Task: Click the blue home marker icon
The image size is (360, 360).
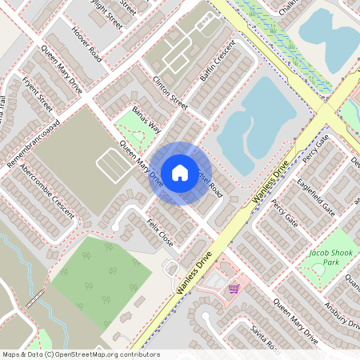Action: click(x=180, y=172)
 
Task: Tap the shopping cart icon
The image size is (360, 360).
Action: click(x=233, y=288)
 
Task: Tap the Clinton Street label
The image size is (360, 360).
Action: click(x=169, y=94)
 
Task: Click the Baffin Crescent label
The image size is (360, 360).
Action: click(x=216, y=61)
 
